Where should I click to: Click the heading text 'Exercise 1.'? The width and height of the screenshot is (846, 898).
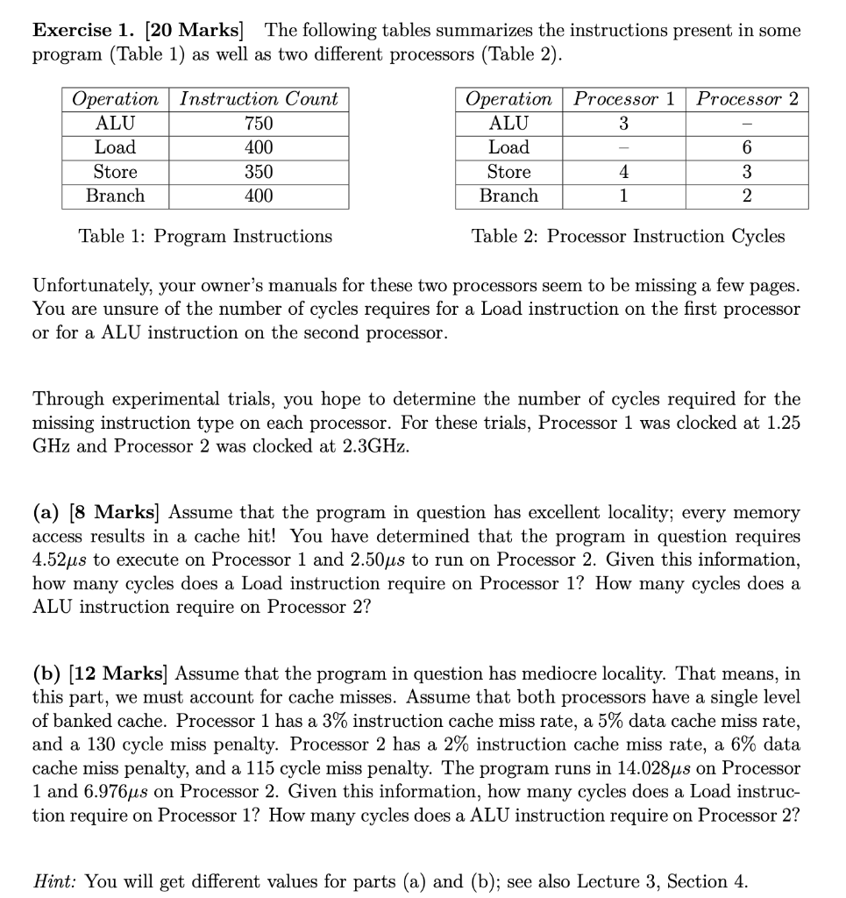pyautogui.click(x=84, y=31)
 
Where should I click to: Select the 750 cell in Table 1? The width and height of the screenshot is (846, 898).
pyautogui.click(x=259, y=124)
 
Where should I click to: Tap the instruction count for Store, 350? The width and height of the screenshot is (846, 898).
pyautogui.click(x=259, y=172)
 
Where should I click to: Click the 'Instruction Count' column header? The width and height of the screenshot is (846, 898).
pyautogui.click(x=259, y=99)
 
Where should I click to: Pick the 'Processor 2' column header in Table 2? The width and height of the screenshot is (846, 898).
pyautogui.click(x=748, y=99)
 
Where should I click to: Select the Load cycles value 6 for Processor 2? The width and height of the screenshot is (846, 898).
pyautogui.click(x=747, y=148)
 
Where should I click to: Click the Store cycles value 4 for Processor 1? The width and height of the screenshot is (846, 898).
pyautogui.click(x=623, y=172)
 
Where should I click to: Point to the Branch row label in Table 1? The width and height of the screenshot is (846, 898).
pyautogui.click(x=115, y=196)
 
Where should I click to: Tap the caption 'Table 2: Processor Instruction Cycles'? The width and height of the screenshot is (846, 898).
pyautogui.click(x=628, y=236)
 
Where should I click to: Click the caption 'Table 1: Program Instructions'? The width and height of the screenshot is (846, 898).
pyautogui.click(x=205, y=236)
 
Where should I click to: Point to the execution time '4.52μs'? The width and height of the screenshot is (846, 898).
pyautogui.click(x=62, y=559)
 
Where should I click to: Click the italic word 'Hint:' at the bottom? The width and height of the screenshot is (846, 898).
pyautogui.click(x=57, y=881)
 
